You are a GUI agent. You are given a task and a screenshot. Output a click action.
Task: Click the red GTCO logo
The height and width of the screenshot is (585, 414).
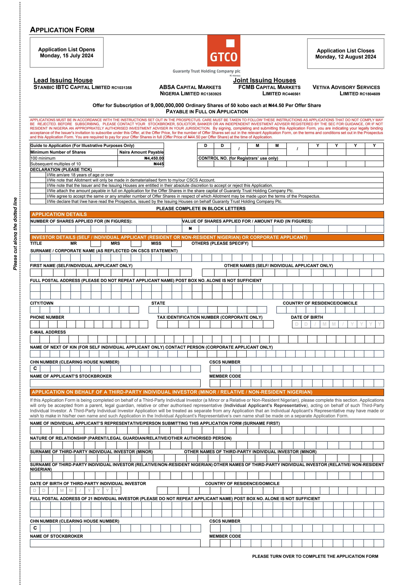pyautogui.click(x=224, y=51)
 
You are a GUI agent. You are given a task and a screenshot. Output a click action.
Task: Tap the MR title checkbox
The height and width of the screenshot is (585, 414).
pyautogui.click(x=96, y=244)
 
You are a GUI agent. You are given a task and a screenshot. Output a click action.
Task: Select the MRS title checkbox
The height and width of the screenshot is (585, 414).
pyautogui.click(x=136, y=244)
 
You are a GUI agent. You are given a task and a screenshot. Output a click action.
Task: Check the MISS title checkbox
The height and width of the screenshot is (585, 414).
pyautogui.click(x=176, y=244)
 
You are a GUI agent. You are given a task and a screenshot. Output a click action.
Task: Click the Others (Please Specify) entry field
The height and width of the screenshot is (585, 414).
pyautogui.click(x=318, y=244)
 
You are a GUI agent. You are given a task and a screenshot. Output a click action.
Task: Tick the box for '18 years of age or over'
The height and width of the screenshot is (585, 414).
pyautogui.click(x=38, y=175)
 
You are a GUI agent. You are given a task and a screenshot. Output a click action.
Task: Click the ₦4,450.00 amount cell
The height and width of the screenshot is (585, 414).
pyautogui.click(x=141, y=158)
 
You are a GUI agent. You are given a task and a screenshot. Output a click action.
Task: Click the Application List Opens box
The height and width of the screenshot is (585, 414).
pyautogui.click(x=67, y=52)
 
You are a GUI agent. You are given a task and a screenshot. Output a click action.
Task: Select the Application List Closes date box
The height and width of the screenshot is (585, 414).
pyautogui.click(x=345, y=54)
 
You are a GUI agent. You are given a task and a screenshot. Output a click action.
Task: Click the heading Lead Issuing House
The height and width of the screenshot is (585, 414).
pyautogui.click(x=63, y=80)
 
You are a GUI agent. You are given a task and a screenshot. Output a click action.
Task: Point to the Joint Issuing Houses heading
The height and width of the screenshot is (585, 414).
pyautogui.click(x=264, y=80)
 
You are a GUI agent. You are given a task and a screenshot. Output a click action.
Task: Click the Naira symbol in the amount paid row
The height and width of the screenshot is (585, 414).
pyautogui.click(x=190, y=229)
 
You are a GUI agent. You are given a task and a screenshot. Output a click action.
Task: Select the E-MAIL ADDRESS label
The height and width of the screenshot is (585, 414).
pyautogui.click(x=48, y=332)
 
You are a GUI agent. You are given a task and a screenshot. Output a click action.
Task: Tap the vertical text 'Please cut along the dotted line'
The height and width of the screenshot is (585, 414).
pyautogui.click(x=15, y=234)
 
